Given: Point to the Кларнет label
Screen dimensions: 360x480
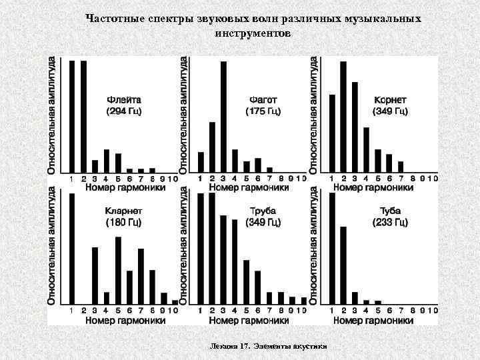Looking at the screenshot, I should [x=124, y=211].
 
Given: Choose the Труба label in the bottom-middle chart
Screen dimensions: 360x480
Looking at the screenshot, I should [x=263, y=211].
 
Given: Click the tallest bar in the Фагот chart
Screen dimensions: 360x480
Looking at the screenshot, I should [x=223, y=117].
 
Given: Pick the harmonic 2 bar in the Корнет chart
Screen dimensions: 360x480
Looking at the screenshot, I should [x=343, y=117].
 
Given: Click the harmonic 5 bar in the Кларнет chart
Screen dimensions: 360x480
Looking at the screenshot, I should [x=118, y=270].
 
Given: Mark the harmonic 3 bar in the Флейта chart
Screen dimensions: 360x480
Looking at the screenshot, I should [x=95, y=166].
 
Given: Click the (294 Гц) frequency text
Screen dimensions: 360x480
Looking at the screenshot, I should [x=124, y=111].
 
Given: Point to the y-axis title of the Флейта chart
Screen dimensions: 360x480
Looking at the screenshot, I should [x=52, y=115].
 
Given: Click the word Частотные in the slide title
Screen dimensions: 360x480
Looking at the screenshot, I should [x=116, y=19].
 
